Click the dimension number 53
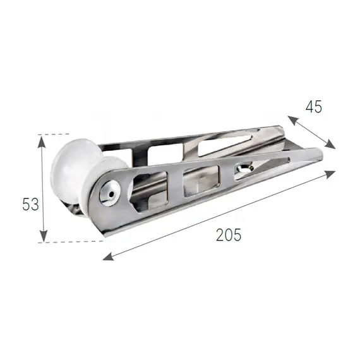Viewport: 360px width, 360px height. (x=30, y=205)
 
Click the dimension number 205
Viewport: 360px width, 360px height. (x=229, y=235)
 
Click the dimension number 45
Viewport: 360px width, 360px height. (x=314, y=107)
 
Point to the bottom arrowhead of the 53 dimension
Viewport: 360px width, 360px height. (x=43, y=236)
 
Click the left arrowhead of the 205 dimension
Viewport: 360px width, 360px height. (x=109, y=256)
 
